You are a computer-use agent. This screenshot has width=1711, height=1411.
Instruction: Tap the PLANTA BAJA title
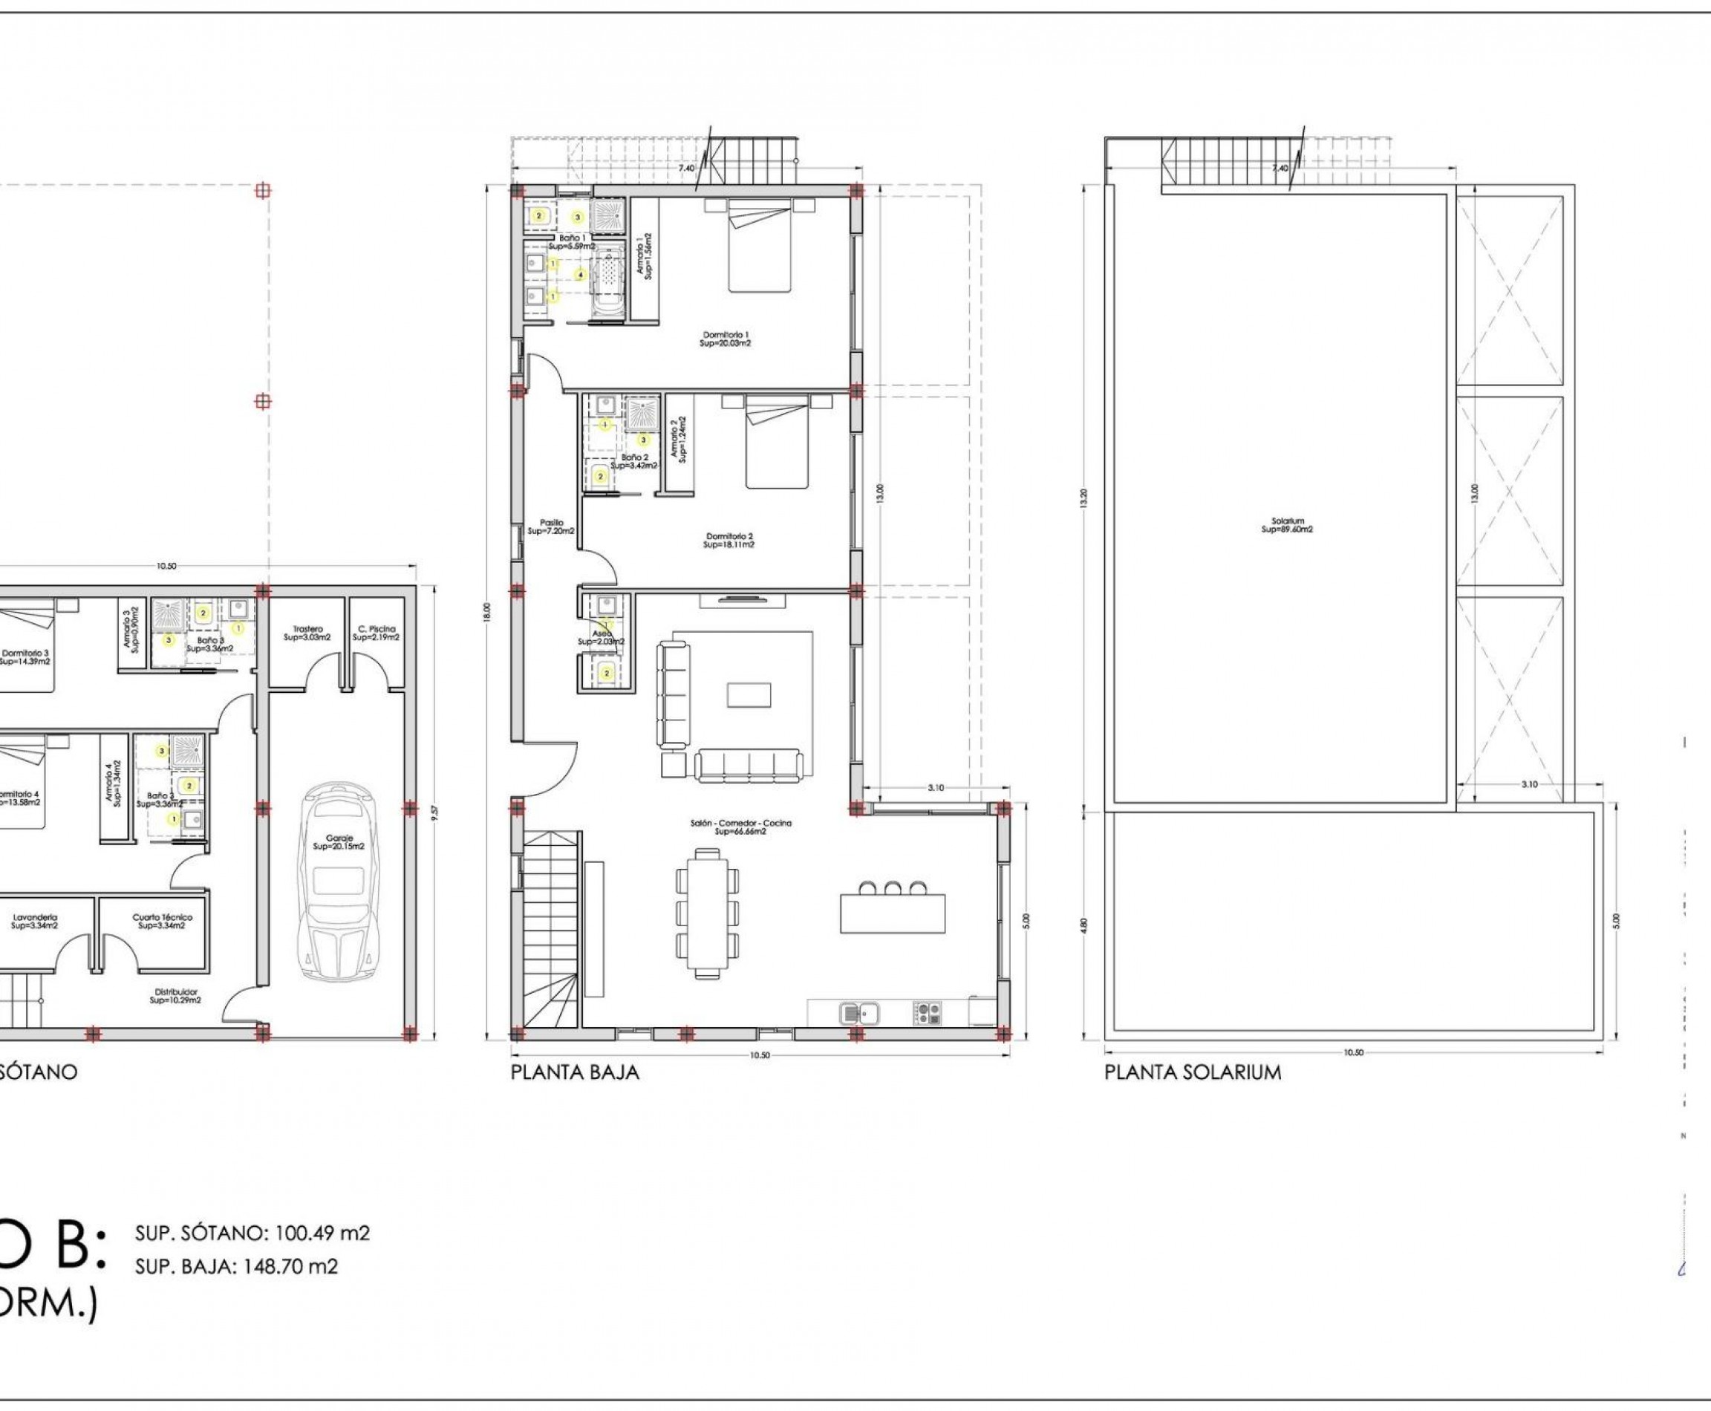click(575, 1073)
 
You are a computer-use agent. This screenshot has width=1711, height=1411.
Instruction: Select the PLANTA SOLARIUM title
click(1193, 1073)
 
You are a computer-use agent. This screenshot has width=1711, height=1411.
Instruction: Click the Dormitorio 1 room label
click(726, 339)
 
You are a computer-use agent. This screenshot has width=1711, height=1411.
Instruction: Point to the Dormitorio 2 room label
click(729, 541)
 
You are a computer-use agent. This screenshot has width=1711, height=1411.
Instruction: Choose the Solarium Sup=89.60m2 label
click(1287, 525)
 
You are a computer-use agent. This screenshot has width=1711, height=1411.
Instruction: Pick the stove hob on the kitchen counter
click(927, 1013)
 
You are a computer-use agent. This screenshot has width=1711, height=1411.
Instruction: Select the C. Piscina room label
click(377, 633)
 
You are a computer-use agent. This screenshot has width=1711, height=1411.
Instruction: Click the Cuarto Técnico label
click(162, 921)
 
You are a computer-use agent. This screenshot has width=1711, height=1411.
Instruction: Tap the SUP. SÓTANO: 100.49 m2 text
click(252, 1256)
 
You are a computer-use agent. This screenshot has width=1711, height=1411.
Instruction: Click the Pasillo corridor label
click(551, 527)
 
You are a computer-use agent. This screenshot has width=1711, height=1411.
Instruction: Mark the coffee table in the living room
click(749, 695)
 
